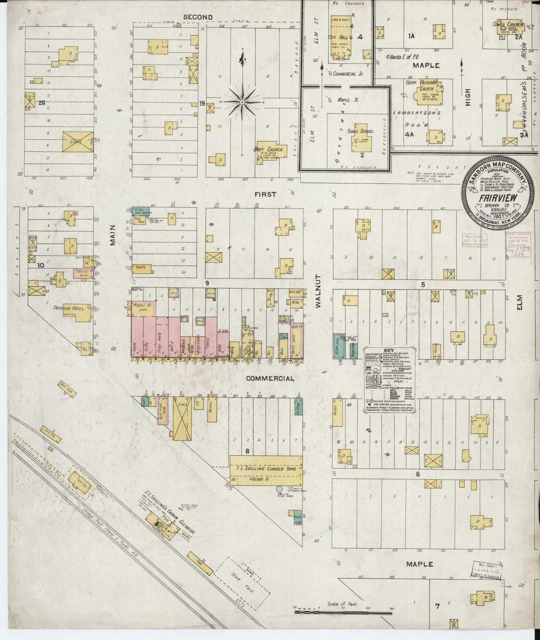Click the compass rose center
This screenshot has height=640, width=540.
tap(243, 102)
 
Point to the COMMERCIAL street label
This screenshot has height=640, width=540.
tap(270, 378)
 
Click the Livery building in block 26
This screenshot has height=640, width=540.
tap(78, 142)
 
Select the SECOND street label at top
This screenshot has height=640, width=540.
tap(198, 17)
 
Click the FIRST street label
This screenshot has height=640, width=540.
tap(265, 194)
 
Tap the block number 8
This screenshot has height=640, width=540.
tap(247, 451)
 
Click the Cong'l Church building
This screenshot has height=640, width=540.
tap(510, 28)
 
